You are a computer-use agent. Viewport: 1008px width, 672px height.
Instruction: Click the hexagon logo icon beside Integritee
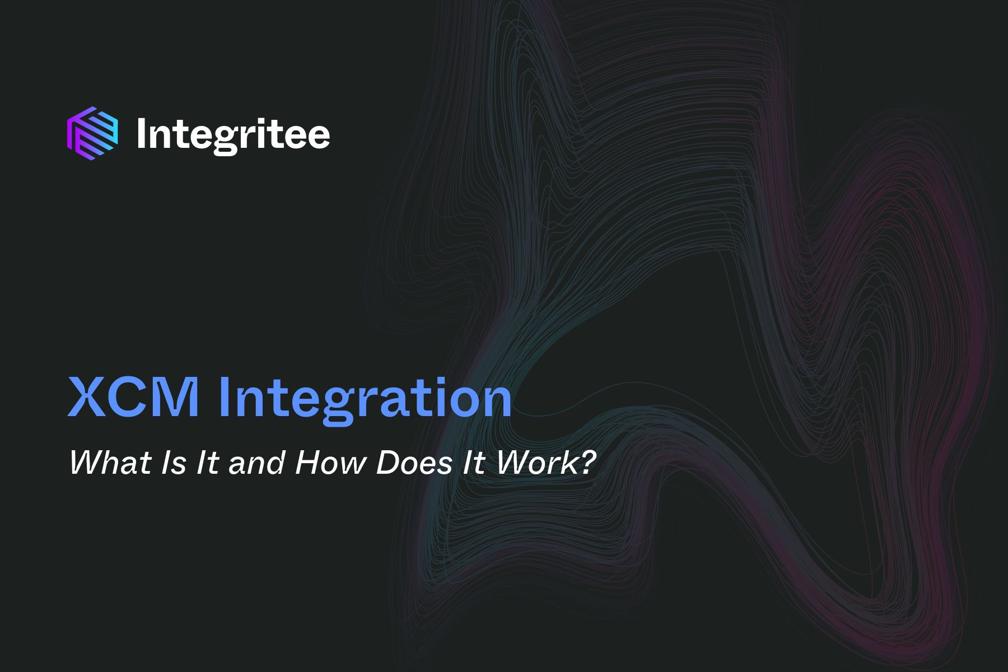(x=92, y=130)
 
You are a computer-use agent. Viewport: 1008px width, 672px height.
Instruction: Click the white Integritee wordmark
(x=233, y=133)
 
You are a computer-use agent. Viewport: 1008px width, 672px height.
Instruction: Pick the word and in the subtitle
(x=256, y=464)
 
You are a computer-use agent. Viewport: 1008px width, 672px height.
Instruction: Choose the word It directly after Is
(x=207, y=463)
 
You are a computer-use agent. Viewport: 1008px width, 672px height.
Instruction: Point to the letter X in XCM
(x=85, y=398)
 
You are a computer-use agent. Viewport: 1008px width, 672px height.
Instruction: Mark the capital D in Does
(x=388, y=463)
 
